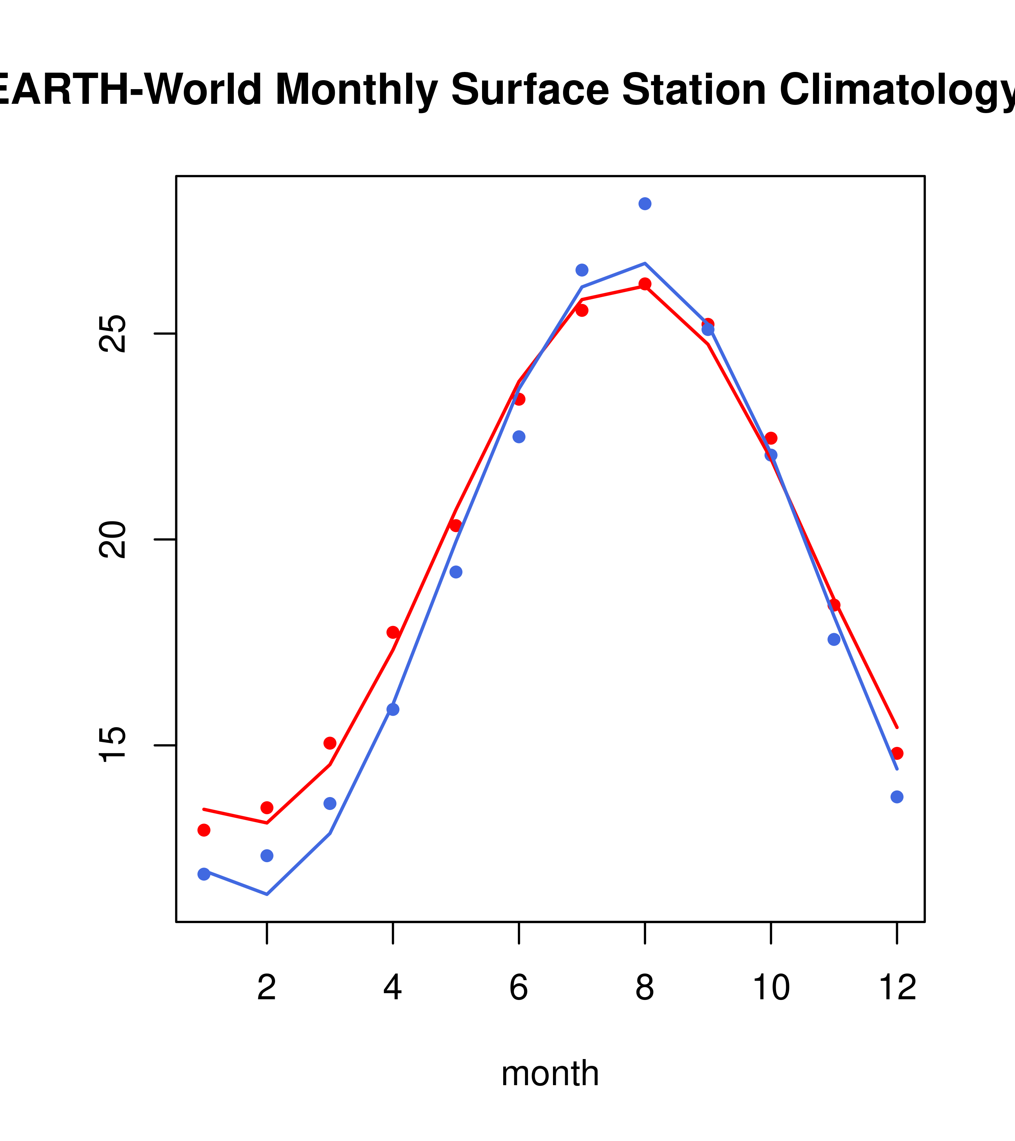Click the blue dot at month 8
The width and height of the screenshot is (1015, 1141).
tap(645, 204)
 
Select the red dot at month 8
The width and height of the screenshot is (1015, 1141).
tap(645, 283)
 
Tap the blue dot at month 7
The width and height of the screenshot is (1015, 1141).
tap(582, 270)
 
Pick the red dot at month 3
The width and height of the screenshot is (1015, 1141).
tap(329, 743)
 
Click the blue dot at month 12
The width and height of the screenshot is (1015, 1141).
tap(896, 797)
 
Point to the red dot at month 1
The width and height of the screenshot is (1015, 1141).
tap(204, 830)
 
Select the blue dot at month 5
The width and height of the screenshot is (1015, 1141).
tap(456, 572)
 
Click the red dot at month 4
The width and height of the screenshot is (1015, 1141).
tap(393, 632)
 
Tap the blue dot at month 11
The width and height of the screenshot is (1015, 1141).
tap(833, 639)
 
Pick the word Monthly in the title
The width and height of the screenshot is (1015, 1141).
tap(356, 91)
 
